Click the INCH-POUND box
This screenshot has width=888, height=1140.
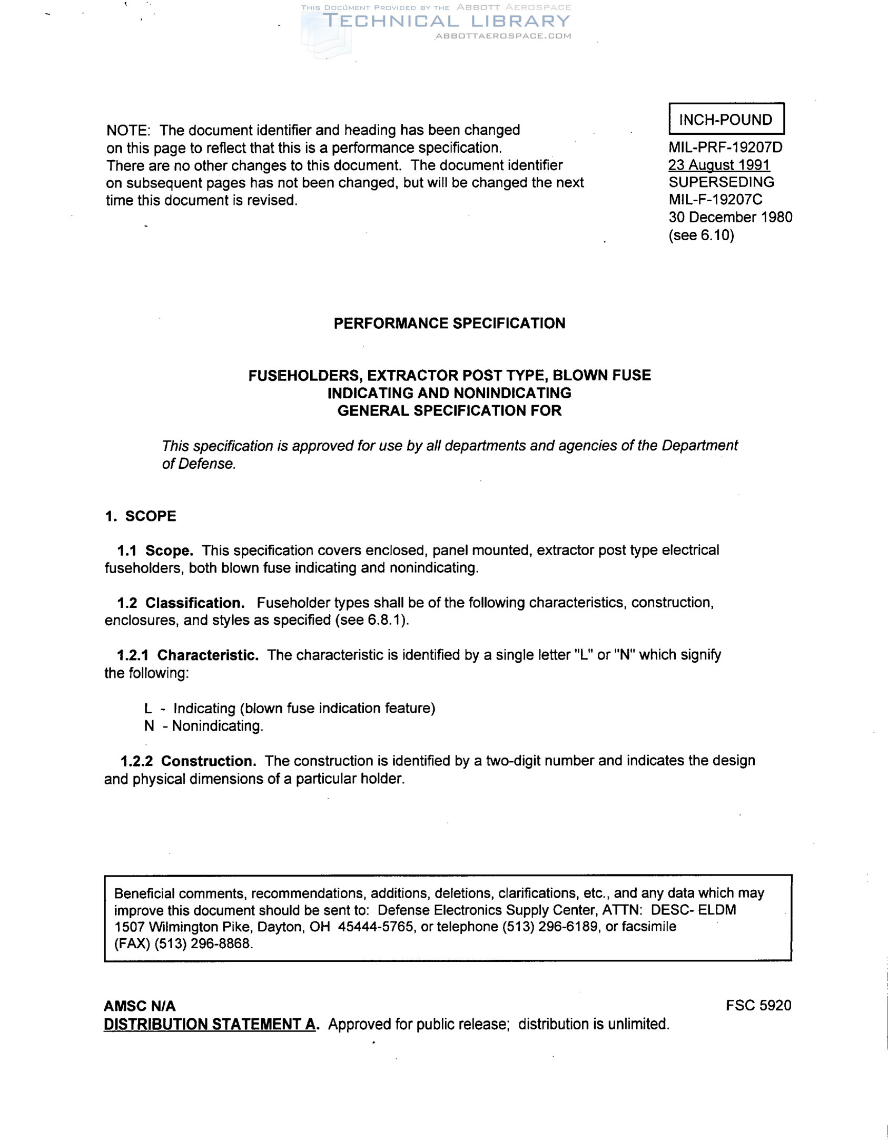(x=726, y=119)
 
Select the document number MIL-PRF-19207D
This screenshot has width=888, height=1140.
(x=725, y=148)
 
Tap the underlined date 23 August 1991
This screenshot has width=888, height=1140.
(x=719, y=165)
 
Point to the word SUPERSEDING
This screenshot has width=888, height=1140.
(x=721, y=182)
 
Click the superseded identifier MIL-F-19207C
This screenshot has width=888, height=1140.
(x=715, y=200)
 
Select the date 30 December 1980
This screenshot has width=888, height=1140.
(x=730, y=217)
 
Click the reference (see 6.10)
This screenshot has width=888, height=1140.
(x=701, y=235)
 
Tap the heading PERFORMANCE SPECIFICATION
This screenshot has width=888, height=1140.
(x=449, y=323)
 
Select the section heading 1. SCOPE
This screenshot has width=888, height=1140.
(x=140, y=516)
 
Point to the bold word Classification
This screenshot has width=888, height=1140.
(x=195, y=603)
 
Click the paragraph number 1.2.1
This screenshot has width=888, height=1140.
(x=133, y=655)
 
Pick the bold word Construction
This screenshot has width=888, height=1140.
(x=209, y=761)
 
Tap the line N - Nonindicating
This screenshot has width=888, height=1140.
(x=203, y=726)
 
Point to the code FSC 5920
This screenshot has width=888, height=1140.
(x=758, y=1005)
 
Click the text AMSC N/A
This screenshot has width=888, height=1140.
(x=140, y=1006)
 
